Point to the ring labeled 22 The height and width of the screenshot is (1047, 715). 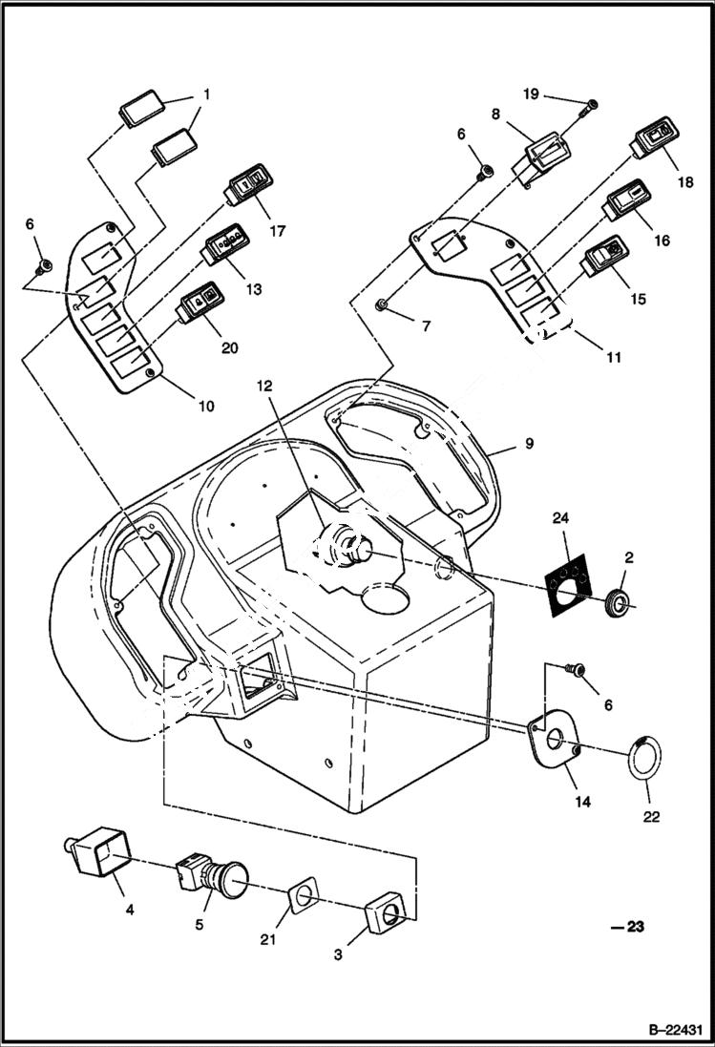[646, 757]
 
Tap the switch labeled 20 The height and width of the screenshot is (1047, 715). [199, 304]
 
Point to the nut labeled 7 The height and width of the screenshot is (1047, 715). [382, 305]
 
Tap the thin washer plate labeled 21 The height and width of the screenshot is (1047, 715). [302, 899]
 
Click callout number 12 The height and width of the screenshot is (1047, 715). [263, 387]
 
